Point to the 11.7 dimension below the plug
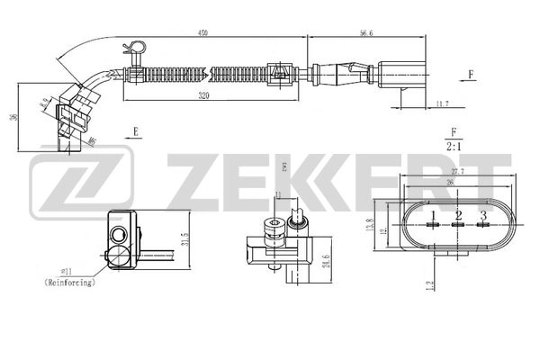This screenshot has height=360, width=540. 441,105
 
